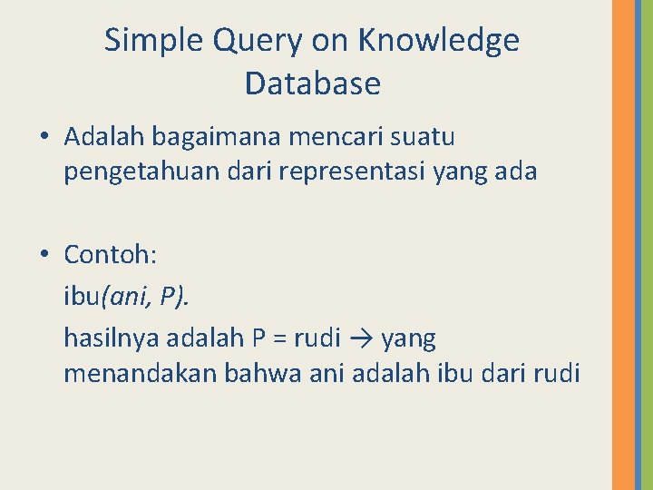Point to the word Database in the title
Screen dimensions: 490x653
312,83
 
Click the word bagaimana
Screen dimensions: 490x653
213,138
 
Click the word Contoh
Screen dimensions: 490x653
110,255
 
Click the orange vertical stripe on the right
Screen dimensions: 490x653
624,245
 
